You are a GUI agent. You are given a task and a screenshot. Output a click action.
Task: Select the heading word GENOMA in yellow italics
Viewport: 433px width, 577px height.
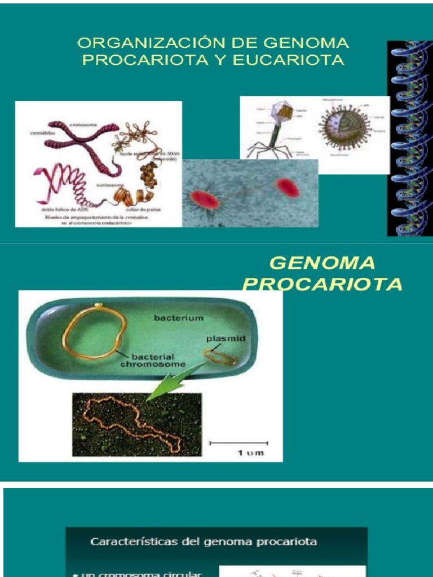point(322,263)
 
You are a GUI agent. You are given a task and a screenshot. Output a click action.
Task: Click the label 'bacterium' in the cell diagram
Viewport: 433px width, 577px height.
point(178,318)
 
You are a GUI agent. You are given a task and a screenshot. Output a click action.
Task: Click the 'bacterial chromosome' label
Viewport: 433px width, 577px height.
point(159,361)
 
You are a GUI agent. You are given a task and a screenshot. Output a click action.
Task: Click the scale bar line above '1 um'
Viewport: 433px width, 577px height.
point(238,443)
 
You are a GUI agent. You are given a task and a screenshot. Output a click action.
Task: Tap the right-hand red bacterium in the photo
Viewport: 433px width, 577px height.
point(288,188)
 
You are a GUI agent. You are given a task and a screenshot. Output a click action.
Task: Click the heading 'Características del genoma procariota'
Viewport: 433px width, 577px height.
point(204,542)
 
